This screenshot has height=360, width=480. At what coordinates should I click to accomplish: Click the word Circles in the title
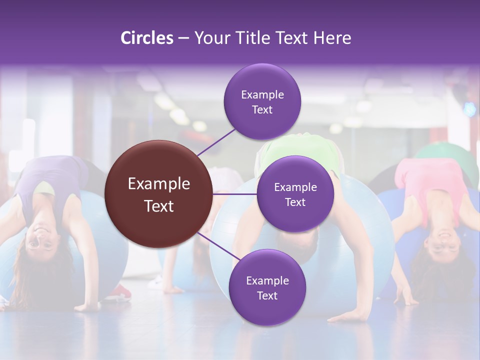point(146,38)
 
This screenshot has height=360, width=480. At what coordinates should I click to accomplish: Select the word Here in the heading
point(332,38)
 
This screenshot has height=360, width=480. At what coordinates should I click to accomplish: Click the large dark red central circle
point(158,194)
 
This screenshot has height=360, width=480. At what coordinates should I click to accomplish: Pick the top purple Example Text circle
point(262,101)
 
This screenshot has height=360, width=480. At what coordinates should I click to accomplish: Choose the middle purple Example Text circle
point(295,194)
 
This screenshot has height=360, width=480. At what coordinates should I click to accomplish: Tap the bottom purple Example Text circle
point(267,287)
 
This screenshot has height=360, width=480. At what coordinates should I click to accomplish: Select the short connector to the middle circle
point(234,193)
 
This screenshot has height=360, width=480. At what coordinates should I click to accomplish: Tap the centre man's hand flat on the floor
point(350,315)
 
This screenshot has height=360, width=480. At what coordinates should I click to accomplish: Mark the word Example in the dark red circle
point(158,184)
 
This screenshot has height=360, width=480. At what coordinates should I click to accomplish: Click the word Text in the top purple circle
point(262,109)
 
